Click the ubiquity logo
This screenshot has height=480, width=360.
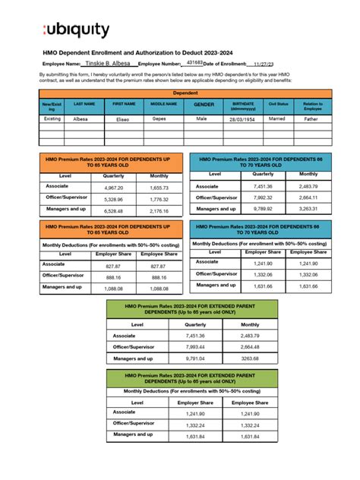(x=76, y=30)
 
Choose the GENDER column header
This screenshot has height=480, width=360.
(x=204, y=105)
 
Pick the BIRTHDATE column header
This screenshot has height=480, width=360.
(x=243, y=105)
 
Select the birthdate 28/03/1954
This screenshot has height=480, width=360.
(x=243, y=119)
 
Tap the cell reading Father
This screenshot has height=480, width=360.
(x=311, y=119)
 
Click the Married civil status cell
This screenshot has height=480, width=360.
(x=277, y=119)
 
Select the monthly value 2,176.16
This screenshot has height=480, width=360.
(x=159, y=211)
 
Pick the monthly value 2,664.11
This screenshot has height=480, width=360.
(x=308, y=197)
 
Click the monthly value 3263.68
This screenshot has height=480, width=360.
(x=249, y=358)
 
